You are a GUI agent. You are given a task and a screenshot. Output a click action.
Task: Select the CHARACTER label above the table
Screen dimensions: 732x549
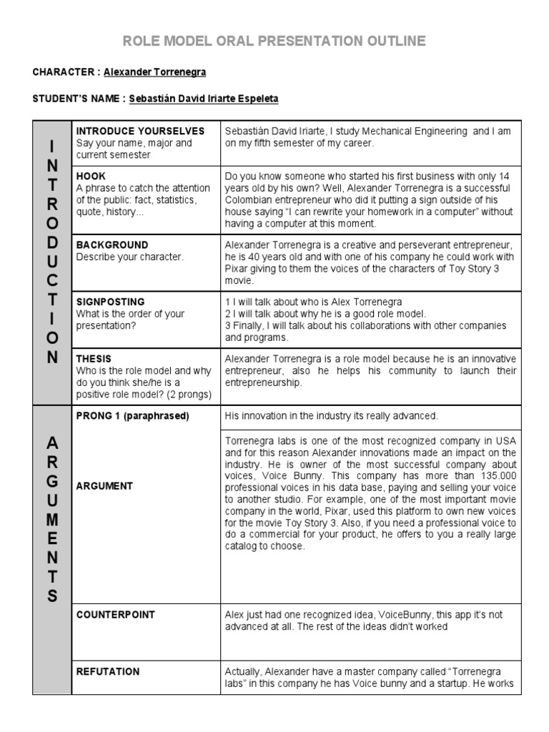pos(63,72)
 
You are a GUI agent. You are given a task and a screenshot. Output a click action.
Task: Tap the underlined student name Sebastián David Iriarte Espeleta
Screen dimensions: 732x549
pos(204,99)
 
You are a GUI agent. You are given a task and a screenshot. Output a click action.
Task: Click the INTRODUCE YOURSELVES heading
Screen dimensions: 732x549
pos(141,131)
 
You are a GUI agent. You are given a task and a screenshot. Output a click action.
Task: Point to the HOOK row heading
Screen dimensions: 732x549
pos(91,176)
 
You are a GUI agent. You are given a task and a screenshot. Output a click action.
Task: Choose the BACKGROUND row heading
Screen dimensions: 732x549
pos(112,244)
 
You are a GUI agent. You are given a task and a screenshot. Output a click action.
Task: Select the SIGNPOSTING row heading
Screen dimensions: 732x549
pos(110,302)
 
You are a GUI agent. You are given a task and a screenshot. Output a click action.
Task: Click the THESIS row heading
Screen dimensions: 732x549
pos(94,359)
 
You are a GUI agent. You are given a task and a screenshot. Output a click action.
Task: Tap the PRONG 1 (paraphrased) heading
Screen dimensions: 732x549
pos(133,415)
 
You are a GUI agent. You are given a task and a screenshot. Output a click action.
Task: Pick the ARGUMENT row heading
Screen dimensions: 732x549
pos(104,486)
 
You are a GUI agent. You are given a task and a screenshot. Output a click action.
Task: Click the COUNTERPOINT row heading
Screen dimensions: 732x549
pos(116,615)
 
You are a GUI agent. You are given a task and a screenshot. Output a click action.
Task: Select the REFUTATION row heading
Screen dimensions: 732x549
pos(108,672)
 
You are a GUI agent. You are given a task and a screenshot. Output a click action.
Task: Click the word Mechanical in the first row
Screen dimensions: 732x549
pos(390,132)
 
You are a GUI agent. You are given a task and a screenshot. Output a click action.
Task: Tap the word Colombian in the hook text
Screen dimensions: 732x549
pos(252,200)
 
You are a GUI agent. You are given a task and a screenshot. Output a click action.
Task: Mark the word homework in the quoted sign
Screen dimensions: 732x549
pos(376,212)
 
